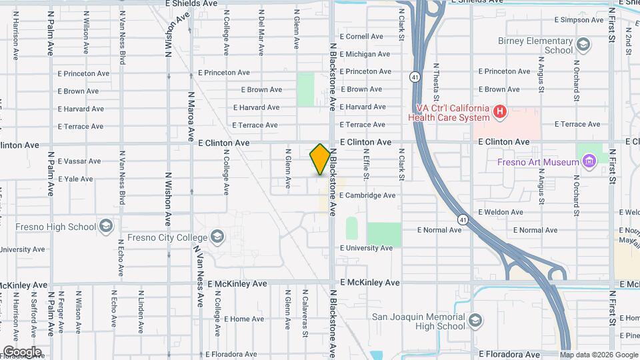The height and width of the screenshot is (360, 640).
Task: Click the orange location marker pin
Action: pos(321,159)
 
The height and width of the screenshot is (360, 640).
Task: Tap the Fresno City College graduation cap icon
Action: pos(217,236)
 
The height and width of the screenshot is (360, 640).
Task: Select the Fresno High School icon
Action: pos(105,226)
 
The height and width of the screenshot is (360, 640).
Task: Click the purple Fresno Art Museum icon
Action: pos(588,161)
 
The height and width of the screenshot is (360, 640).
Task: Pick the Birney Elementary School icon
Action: pos(583,45)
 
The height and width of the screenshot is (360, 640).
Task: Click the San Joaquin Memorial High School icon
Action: pos(475,321)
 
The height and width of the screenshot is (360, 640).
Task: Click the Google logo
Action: pos(22,352)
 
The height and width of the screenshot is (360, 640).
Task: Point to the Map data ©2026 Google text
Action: pos(599,355)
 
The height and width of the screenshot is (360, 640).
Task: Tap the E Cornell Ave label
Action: pos(361,37)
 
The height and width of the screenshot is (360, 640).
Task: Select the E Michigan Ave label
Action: pos(364,54)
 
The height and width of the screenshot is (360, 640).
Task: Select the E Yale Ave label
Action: pos(75,179)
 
